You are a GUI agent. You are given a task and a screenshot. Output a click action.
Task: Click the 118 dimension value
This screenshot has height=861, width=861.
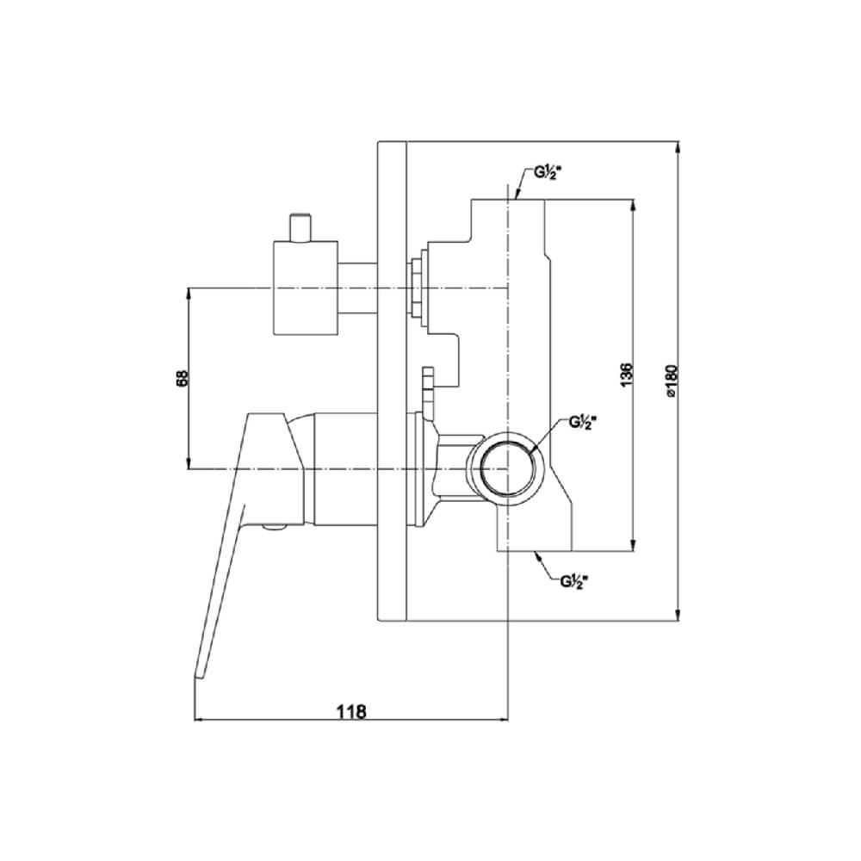(x=351, y=711)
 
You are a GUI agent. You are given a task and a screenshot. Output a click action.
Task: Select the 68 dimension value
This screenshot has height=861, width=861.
(x=183, y=378)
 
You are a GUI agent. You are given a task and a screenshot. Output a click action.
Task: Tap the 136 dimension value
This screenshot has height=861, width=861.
(x=627, y=374)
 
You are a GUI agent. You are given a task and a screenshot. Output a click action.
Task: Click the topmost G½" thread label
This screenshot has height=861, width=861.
(x=547, y=174)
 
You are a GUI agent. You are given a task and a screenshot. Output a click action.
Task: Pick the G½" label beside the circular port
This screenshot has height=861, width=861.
(x=581, y=422)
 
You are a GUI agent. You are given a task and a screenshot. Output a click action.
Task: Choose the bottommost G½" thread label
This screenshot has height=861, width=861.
(x=574, y=581)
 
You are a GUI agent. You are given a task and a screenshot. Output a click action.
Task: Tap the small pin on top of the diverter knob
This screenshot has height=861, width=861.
(x=301, y=226)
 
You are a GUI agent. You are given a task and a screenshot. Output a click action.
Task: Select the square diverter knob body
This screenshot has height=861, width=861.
(x=306, y=288)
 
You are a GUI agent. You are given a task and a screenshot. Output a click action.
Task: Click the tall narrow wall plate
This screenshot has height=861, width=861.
(x=392, y=381)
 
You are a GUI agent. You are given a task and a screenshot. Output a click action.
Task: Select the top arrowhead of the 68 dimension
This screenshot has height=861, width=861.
(x=189, y=294)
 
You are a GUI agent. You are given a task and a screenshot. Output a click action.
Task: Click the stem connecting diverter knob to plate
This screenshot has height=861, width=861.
(x=357, y=288)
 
